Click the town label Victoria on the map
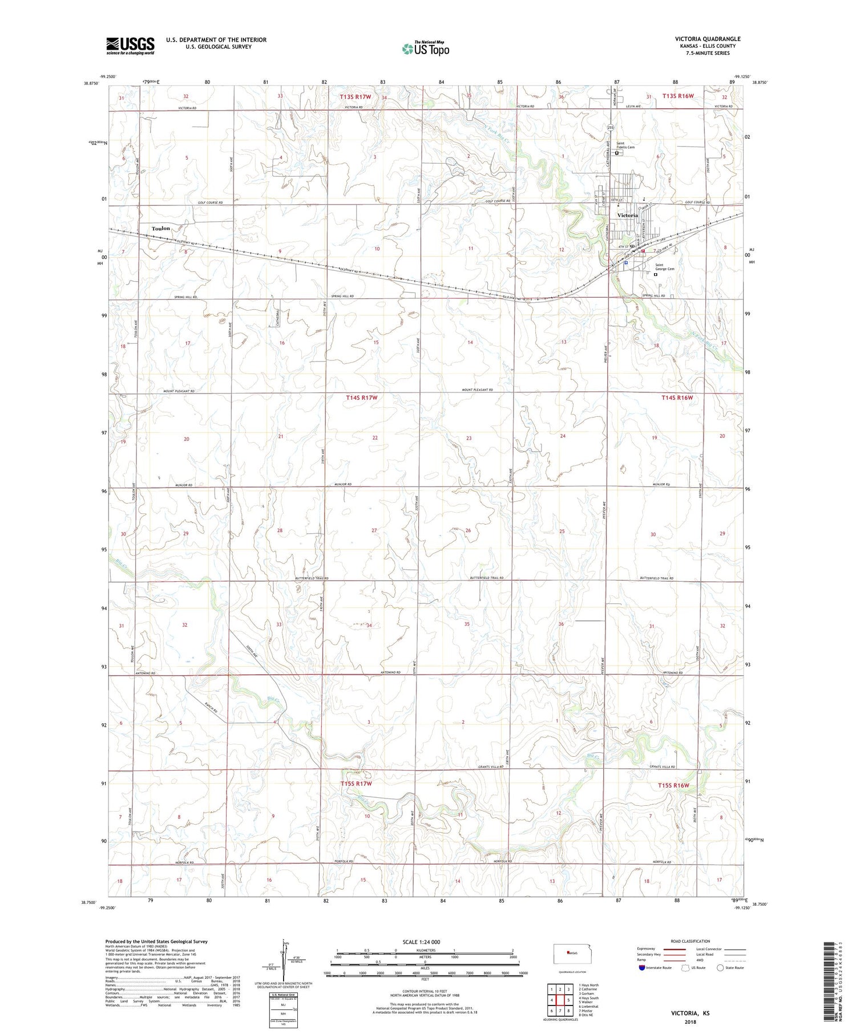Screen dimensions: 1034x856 pos(628,215)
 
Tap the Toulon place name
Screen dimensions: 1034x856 pos(161,228)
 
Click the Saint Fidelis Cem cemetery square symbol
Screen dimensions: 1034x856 pos(617,153)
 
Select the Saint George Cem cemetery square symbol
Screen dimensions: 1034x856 pos(655,274)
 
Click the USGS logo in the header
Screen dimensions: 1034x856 pos(130,46)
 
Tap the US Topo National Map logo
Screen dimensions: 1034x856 pos(425,49)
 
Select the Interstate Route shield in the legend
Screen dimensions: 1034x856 pos(643,968)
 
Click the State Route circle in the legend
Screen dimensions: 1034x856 pos(720,967)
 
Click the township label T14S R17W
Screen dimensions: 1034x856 pos(361,398)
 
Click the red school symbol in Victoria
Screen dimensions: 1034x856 pos(643,250)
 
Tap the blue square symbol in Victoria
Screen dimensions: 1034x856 pos(626,263)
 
